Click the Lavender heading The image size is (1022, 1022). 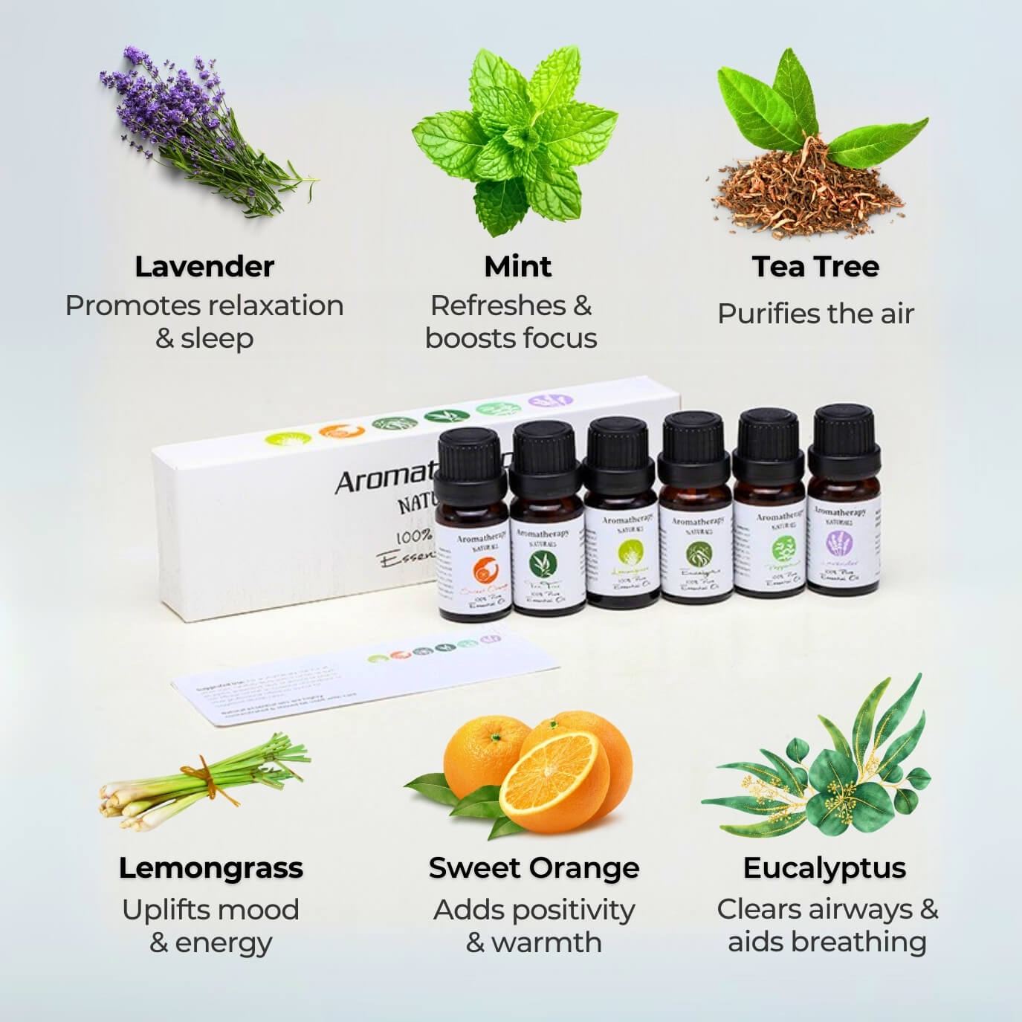click(204, 267)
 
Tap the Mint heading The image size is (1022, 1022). click(517, 267)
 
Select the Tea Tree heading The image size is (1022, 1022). click(815, 267)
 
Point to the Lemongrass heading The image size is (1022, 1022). click(210, 868)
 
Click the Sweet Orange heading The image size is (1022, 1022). click(534, 868)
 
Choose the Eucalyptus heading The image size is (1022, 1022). click(824, 868)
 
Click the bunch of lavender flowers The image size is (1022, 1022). click(193, 126)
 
